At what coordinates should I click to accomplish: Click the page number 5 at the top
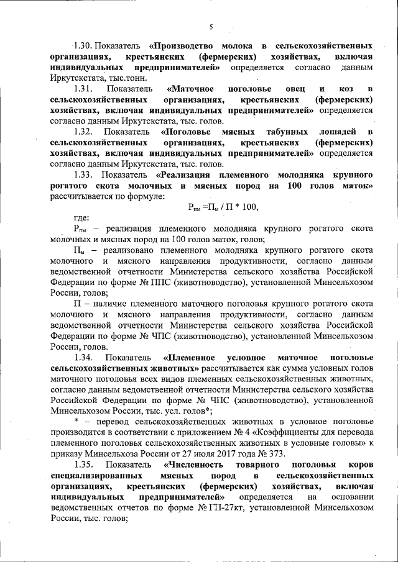211,27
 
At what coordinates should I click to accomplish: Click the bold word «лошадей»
340,132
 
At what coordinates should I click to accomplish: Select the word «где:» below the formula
81,218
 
